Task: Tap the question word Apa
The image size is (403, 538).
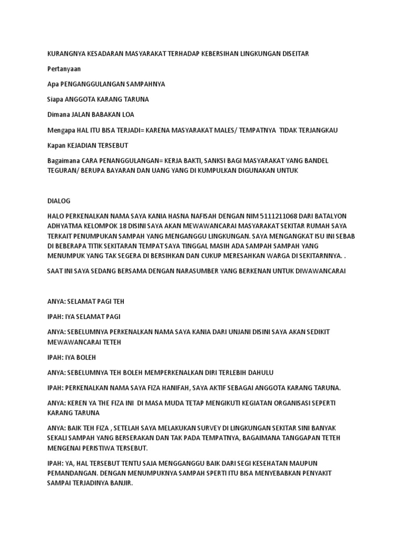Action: tap(53, 84)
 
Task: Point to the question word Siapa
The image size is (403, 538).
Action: tap(55, 99)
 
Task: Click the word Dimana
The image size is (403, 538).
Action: tap(58, 115)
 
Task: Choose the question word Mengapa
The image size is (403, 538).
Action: tap(60, 130)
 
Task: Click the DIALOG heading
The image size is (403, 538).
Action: tap(58, 201)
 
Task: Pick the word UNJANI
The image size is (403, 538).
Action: tap(224, 332)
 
